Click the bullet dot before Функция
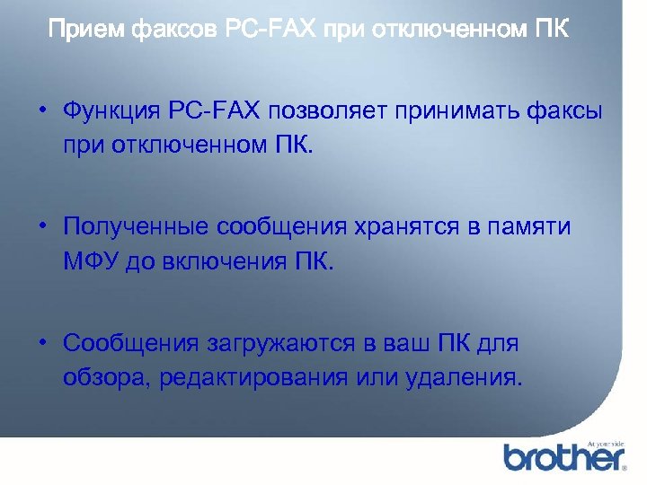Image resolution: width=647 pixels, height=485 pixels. [42, 111]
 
